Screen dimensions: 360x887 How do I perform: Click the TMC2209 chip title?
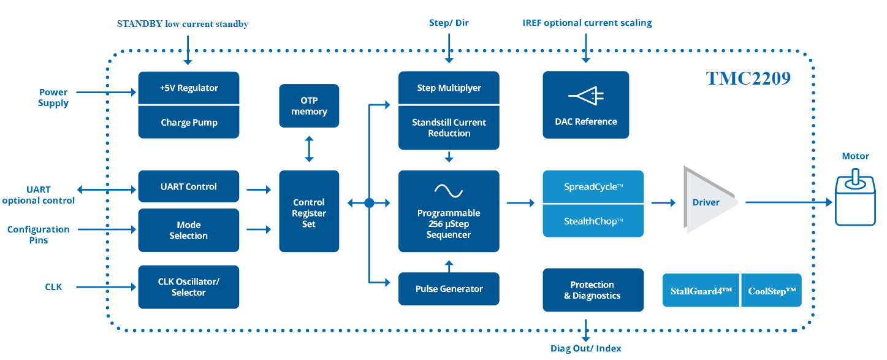[748, 79]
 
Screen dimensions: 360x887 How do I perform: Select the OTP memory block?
[309, 105]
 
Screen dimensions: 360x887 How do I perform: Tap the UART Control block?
[189, 186]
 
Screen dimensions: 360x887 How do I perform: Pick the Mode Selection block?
[189, 230]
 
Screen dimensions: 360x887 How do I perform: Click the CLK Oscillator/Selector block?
[189, 287]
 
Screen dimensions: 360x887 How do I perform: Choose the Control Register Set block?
[309, 212]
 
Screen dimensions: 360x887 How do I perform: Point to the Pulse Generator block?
[449, 289]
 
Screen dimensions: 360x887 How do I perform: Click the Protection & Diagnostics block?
[593, 289]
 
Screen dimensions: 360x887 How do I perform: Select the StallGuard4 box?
[701, 291]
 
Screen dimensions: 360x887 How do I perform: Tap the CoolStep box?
[772, 291]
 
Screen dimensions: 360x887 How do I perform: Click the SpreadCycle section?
[593, 186]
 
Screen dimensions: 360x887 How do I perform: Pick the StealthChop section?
[593, 221]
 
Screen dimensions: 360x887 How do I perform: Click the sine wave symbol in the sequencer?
[449, 191]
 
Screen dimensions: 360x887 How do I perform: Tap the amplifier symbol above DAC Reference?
[586, 96]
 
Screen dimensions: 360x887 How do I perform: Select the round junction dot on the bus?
[369, 202]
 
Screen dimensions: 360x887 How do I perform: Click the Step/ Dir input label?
[449, 23]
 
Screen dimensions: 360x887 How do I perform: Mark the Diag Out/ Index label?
[585, 348]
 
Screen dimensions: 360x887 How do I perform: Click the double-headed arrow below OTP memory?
[309, 149]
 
